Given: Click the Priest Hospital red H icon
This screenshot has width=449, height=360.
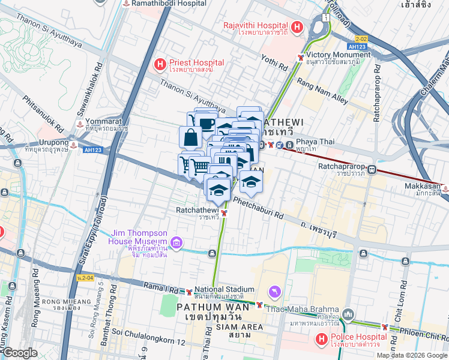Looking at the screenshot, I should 160,63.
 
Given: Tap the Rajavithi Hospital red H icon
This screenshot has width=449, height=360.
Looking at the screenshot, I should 296,27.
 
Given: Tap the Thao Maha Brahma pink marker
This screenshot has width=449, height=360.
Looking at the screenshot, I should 275,291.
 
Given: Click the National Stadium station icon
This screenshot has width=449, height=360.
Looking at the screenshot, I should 188,293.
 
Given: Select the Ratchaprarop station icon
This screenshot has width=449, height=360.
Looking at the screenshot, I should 372,169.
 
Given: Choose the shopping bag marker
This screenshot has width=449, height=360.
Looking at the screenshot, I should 190,137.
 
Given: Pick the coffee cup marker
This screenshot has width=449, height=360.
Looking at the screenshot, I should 206,124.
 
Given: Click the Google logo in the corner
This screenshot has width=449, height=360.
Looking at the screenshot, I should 20,353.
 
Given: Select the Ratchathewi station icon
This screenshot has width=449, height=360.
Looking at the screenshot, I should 224,213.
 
